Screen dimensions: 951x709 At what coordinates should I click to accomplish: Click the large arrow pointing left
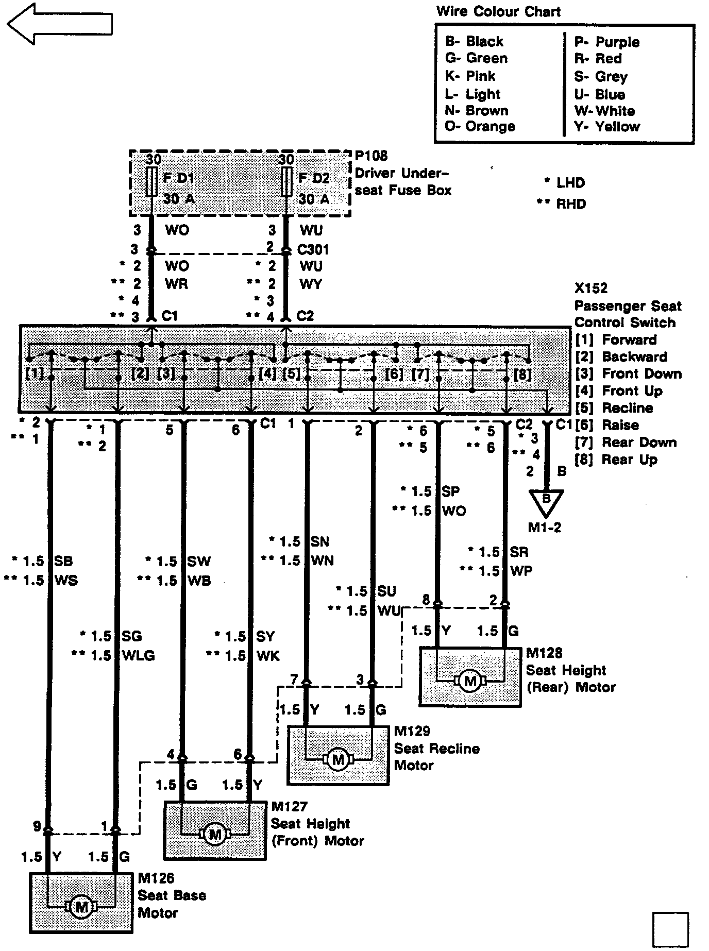click(x=59, y=24)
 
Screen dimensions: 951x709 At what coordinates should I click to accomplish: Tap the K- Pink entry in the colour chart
click(x=470, y=76)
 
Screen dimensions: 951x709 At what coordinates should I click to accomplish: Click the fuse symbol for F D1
click(x=151, y=182)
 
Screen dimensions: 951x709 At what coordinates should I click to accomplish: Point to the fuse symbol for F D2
click(x=286, y=182)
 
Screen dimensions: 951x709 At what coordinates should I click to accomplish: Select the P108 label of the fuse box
click(x=371, y=156)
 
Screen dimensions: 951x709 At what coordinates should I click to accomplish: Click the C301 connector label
click(x=313, y=249)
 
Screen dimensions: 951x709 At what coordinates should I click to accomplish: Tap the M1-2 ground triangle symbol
click(x=546, y=503)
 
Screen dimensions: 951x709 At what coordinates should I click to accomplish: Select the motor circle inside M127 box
click(x=215, y=833)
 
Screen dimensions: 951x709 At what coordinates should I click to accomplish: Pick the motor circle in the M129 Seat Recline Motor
click(x=338, y=759)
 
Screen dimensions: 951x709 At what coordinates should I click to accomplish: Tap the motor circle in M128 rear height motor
click(x=470, y=681)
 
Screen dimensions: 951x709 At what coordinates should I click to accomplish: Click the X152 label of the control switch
click(x=591, y=288)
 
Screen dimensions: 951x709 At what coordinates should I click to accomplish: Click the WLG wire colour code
click(x=138, y=656)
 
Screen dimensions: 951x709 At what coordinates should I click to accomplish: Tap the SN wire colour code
click(x=319, y=541)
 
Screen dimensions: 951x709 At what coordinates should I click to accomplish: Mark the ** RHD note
click(x=561, y=205)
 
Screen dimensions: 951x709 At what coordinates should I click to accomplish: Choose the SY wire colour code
click(x=265, y=637)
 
